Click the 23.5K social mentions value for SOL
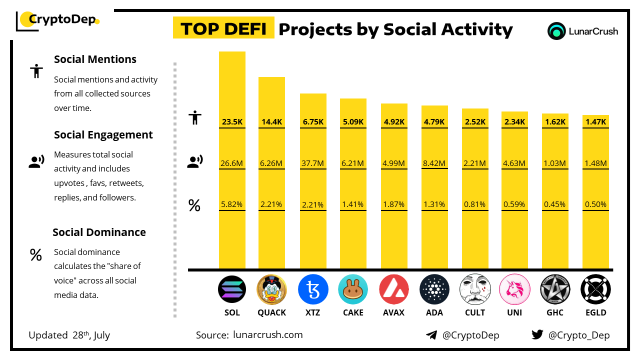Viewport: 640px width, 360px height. point(232,121)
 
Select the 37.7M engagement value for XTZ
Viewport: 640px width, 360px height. point(313,163)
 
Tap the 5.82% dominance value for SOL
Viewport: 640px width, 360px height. point(232,204)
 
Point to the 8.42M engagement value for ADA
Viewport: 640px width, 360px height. point(434,163)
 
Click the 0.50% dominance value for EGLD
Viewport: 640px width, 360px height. point(595,204)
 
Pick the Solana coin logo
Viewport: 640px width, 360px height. point(232,289)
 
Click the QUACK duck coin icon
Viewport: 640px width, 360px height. point(271,289)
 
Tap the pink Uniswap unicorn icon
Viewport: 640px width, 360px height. point(514,289)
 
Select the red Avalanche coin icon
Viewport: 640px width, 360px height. point(394,289)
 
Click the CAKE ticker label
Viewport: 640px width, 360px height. point(353,312)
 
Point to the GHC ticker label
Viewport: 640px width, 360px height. point(555,312)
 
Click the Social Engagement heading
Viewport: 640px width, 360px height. point(103,135)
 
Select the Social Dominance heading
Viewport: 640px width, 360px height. point(99,232)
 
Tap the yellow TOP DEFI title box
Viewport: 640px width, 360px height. point(223,29)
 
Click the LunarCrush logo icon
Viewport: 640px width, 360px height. point(556,31)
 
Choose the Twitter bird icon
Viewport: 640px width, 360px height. point(537,335)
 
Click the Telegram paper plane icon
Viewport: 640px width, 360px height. point(431,335)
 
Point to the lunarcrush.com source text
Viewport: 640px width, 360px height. point(268,335)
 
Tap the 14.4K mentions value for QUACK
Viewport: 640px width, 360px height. point(271,121)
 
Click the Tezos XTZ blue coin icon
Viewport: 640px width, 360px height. point(313,289)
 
